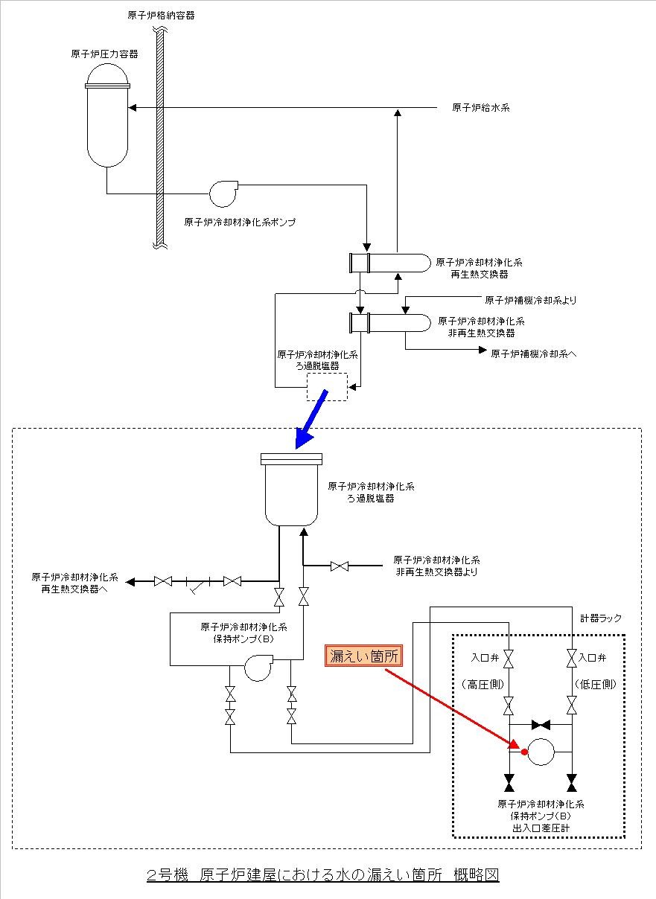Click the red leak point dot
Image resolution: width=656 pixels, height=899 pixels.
point(524,752)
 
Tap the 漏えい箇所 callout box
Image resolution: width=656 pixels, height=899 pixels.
point(364,656)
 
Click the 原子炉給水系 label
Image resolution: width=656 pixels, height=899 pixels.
point(480,108)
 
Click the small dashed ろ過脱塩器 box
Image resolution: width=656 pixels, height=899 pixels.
point(327,387)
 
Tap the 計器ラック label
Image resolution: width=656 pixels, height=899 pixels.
point(601,618)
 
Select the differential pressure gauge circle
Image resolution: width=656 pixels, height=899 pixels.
point(541,752)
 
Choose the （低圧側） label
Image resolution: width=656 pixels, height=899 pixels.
point(596,684)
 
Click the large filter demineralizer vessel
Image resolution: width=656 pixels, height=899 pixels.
point(293,491)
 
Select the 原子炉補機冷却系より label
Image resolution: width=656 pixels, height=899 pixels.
point(530,301)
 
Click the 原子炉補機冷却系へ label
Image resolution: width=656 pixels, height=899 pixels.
point(533,353)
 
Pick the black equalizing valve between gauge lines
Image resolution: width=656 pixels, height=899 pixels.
point(541,724)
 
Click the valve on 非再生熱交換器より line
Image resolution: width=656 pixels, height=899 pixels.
point(340,566)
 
